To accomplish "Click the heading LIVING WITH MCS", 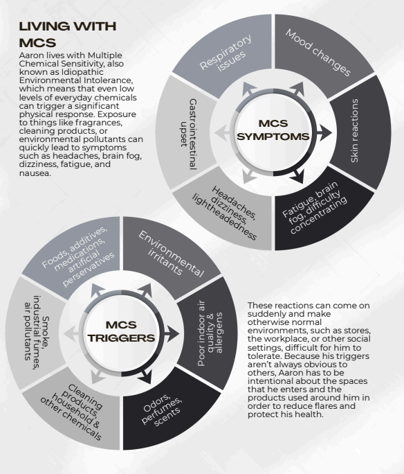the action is pyautogui.click(x=68, y=35).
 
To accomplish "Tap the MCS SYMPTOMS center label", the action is pyautogui.click(x=273, y=130).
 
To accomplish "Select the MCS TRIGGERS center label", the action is pyautogui.click(x=121, y=331).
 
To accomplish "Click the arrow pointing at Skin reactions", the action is pyautogui.click(x=324, y=132).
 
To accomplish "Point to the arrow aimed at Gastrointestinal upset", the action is pyautogui.click(x=222, y=132).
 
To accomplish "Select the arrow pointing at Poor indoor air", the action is pyautogui.click(x=172, y=333).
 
